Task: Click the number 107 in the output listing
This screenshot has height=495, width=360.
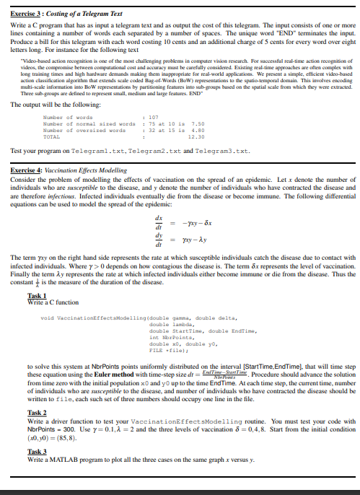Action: (152, 117)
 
